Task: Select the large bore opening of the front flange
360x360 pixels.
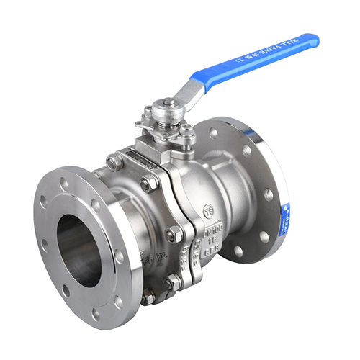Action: click(x=79, y=249)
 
